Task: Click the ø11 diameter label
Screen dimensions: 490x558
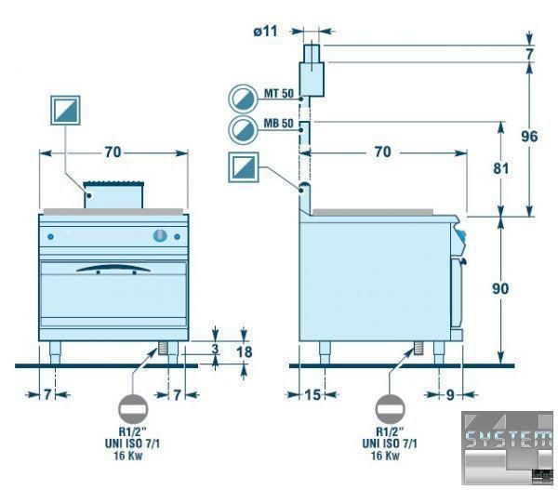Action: pyautogui.click(x=265, y=31)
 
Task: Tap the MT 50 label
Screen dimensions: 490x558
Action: pyautogui.click(x=279, y=96)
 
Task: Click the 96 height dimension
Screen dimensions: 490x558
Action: pyautogui.click(x=529, y=136)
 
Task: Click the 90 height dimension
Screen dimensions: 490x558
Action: pyautogui.click(x=499, y=289)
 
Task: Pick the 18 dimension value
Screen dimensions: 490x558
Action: pyautogui.click(x=246, y=351)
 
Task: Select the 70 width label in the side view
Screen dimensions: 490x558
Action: pyautogui.click(x=381, y=153)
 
